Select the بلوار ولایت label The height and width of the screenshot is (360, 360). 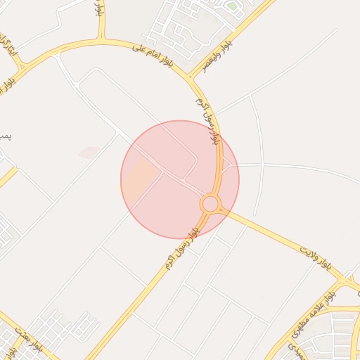pyautogui.click(x=316, y=257)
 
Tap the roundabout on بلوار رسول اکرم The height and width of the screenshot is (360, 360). pyautogui.click(x=210, y=205)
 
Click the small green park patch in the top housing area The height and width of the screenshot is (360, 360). pyautogui.click(x=231, y=6)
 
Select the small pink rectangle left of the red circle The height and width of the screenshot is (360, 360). pyautogui.click(x=89, y=152)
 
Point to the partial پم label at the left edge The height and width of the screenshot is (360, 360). pyautogui.click(x=4, y=134)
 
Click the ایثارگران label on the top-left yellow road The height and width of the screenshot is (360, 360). pyautogui.click(x=8, y=46)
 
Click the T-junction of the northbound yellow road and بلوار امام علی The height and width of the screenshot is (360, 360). pyautogui.click(x=103, y=40)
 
